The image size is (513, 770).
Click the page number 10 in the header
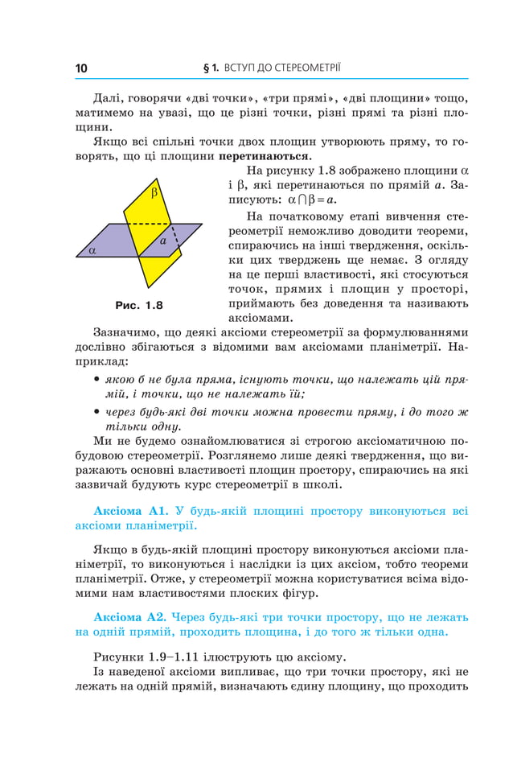pos(81,68)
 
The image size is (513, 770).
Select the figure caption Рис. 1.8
pos(139,306)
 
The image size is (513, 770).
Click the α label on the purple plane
pos(92,250)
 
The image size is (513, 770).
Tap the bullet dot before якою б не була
pos(96,379)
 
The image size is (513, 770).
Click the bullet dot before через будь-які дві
pos(96,412)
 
